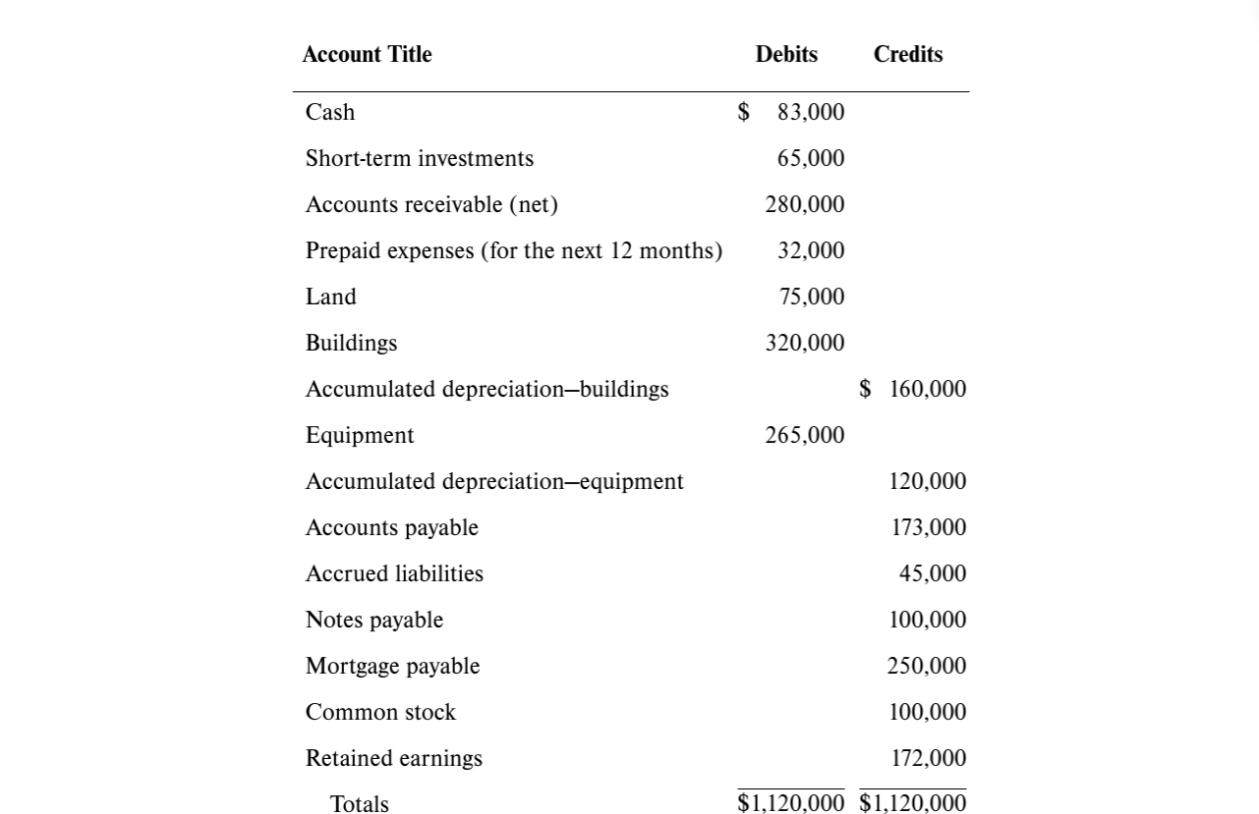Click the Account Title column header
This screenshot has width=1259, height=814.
(x=367, y=55)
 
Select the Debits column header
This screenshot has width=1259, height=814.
(x=786, y=55)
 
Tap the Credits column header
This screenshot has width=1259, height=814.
(x=907, y=55)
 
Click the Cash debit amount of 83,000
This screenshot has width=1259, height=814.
(x=810, y=113)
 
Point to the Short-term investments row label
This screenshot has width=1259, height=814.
(x=420, y=159)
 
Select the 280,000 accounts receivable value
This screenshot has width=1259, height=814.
(x=805, y=205)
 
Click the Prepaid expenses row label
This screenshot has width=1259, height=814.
(x=513, y=251)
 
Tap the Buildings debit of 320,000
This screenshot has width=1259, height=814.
(x=805, y=344)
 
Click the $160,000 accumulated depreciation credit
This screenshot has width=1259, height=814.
(x=913, y=390)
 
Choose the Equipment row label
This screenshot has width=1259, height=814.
(x=360, y=436)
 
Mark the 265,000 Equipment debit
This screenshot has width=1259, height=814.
(x=805, y=436)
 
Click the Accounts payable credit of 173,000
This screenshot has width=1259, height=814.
(x=928, y=528)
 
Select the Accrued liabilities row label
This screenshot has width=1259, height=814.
(x=394, y=574)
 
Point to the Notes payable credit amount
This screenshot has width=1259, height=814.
(x=928, y=621)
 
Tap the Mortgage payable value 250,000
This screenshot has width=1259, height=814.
(x=927, y=667)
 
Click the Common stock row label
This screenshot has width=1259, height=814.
(x=380, y=713)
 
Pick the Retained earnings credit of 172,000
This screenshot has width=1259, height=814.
(x=928, y=759)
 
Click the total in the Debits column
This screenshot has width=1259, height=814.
(x=791, y=804)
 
